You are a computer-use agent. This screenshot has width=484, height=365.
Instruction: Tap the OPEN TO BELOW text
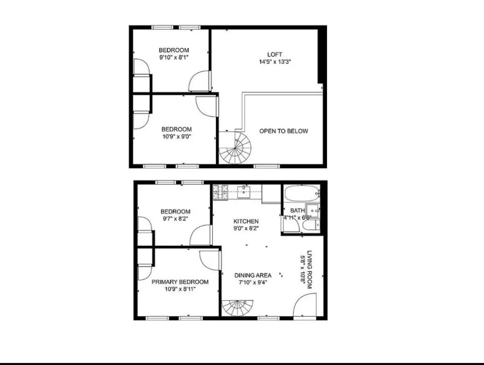point(284,131)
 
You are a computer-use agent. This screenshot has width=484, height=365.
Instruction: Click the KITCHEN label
point(246,221)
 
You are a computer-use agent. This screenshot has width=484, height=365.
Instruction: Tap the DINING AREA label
point(253,275)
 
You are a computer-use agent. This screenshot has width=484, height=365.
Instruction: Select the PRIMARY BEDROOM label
point(180,282)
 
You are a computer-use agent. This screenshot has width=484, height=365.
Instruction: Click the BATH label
point(297,210)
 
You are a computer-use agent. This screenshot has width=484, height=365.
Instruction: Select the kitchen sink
point(243,191)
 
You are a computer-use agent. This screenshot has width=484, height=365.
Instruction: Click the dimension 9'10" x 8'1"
point(174,58)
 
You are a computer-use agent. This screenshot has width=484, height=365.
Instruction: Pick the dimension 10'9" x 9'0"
point(176,137)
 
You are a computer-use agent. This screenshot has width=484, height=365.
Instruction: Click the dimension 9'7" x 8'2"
point(175,219)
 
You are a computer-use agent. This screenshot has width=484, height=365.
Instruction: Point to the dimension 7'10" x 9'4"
point(253,283)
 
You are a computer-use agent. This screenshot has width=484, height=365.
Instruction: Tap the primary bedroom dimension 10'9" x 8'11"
point(180,289)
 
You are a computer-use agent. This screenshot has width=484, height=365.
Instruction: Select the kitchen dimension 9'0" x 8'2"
point(246,228)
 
